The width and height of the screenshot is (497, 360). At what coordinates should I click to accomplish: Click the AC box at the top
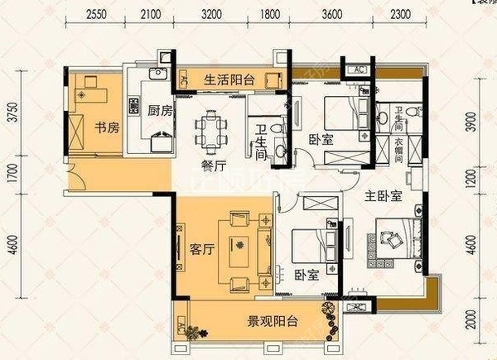359,70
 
